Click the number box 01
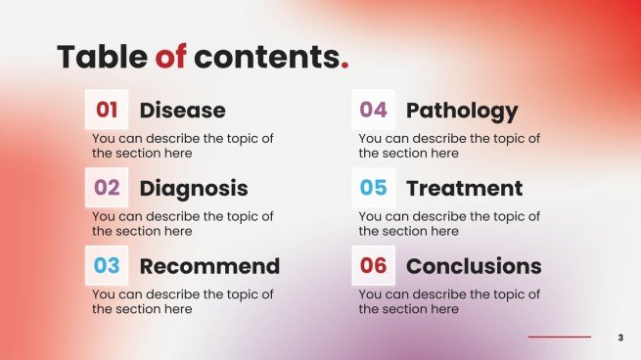tap(107, 111)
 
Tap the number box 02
tap(107, 188)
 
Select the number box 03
tap(107, 265)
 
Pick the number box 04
tap(373, 111)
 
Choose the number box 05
tap(373, 188)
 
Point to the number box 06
tap(373, 265)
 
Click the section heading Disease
tap(182, 111)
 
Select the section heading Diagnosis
tap(194, 188)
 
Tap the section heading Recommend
tap(209, 266)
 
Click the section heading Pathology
tap(462, 111)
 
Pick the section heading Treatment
tap(464, 188)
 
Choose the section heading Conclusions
tap(474, 266)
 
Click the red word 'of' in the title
tap(170, 57)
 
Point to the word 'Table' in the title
tap(102, 57)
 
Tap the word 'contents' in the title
tap(265, 57)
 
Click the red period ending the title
tap(344, 66)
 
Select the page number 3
tap(620, 337)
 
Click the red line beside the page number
tap(560, 337)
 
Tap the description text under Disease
tap(182, 146)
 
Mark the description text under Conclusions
tap(448, 301)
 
